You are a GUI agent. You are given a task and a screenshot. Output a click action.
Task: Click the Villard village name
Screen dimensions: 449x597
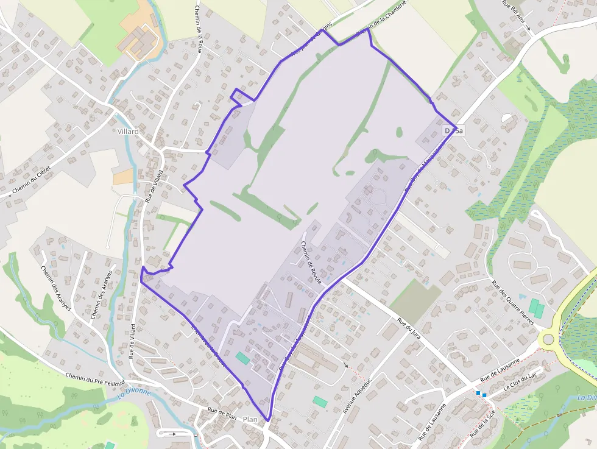[x=128, y=131]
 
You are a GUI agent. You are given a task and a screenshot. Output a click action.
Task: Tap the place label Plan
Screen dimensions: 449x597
[x=250, y=420]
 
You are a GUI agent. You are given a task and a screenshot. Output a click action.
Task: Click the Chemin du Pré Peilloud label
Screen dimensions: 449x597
[x=91, y=378]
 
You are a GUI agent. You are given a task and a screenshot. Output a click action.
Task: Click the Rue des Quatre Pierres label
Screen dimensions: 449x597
[x=512, y=302]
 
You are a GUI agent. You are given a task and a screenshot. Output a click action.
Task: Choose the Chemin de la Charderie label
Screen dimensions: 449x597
[x=381, y=27]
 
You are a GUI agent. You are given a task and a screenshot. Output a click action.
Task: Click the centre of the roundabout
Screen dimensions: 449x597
[x=548, y=339]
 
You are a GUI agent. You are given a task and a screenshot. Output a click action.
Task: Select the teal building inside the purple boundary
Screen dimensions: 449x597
[x=242, y=358]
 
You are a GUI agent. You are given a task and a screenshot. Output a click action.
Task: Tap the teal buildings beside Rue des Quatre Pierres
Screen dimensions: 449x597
[x=535, y=308]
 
